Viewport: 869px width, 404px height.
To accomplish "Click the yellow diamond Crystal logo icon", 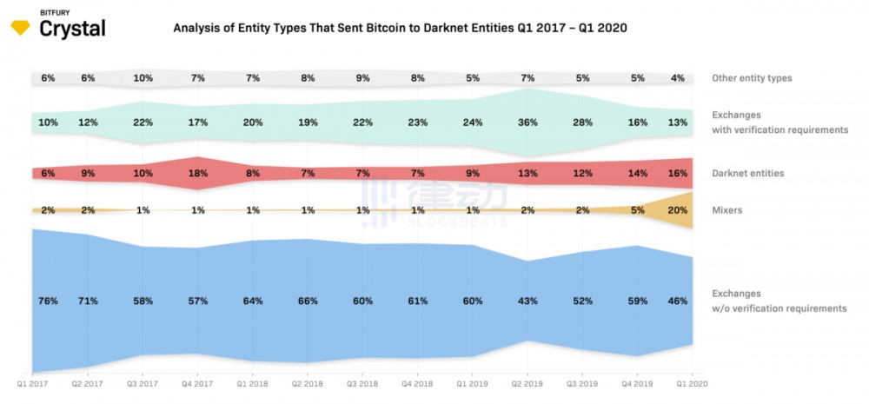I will click(20, 28).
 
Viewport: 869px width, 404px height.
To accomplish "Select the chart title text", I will click(400, 28).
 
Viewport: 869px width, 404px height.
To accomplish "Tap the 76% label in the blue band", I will click(48, 301).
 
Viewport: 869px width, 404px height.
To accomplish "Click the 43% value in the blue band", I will click(527, 301).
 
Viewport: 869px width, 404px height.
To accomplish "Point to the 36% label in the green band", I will click(527, 123).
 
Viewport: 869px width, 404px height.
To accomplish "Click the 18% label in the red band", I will click(198, 174).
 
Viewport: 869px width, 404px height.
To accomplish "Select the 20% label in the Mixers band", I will click(678, 210).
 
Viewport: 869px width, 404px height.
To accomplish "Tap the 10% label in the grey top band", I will click(143, 78).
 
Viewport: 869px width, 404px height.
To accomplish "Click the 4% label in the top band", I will click(678, 78).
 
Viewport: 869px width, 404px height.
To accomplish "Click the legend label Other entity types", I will click(752, 78).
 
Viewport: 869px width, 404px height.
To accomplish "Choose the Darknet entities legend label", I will click(747, 174).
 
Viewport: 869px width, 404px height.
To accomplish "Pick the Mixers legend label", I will click(727, 210).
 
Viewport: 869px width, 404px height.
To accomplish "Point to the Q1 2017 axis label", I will click(32, 381).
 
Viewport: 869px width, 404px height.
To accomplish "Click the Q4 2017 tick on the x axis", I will click(198, 381).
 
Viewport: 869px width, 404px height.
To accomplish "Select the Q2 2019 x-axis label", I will click(527, 381).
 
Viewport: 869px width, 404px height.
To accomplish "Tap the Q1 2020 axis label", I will click(692, 381).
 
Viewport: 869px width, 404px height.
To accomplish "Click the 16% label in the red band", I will click(678, 174).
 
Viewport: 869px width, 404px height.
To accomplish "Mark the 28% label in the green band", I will click(582, 123).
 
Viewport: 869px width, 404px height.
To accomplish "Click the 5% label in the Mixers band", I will click(638, 210).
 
